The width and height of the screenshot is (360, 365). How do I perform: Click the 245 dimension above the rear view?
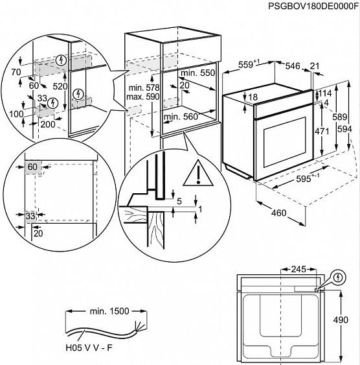click(298, 268)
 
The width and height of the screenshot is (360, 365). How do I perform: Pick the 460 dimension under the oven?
click(279, 213)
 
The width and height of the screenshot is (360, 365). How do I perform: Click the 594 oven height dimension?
click(348, 129)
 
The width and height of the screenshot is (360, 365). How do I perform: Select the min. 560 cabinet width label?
click(182, 117)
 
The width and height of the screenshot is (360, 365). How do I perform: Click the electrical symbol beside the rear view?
click(337, 277)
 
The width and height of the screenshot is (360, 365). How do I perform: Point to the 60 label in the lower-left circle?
click(32, 167)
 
